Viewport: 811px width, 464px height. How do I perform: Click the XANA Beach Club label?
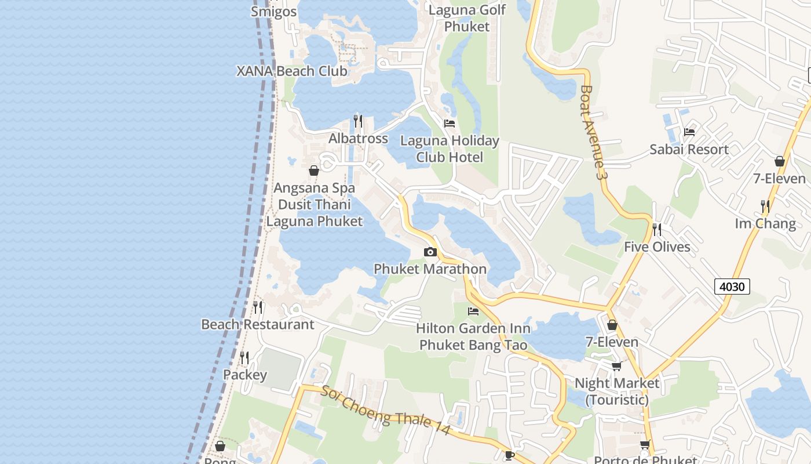(292, 71)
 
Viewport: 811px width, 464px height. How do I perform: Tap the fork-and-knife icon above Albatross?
(358, 121)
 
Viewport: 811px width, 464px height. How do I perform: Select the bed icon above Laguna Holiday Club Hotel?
(450, 124)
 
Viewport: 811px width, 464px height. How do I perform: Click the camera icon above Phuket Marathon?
(430, 252)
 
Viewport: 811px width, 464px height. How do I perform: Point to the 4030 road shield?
(732, 287)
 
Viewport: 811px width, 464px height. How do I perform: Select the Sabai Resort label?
(689, 150)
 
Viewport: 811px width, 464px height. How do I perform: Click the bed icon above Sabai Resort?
(689, 132)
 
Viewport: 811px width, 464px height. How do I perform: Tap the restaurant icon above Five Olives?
(657, 230)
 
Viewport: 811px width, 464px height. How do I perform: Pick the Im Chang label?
(765, 223)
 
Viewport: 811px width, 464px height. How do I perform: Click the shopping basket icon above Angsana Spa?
(314, 171)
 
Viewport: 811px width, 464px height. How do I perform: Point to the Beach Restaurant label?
(258, 324)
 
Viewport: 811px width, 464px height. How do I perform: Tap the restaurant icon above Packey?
(244, 357)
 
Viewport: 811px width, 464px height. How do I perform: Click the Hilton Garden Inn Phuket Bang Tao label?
(473, 337)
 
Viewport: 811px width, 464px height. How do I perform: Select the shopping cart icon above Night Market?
(616, 366)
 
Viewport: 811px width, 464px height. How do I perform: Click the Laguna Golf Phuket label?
(467, 18)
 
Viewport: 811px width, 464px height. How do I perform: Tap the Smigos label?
(274, 12)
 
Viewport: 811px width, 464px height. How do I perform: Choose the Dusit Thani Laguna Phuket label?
(315, 213)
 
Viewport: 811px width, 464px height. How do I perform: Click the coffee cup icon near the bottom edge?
(510, 455)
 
